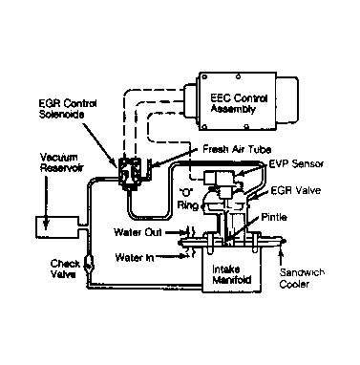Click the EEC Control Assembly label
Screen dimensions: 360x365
[239, 103]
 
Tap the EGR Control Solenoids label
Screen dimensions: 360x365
[68, 109]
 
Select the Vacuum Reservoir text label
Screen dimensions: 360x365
[59, 162]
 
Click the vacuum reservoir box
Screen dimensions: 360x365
[56, 227]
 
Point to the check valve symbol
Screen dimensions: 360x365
[88, 263]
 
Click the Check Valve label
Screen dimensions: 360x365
[65, 268]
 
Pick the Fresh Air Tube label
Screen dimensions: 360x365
[237, 149]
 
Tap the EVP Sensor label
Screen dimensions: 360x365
[296, 163]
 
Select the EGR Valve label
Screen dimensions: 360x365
[295, 190]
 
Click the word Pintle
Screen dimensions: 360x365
[274, 217]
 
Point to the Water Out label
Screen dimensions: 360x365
[138, 232]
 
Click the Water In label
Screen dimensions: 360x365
[134, 257]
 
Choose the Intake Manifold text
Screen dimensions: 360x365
[231, 274]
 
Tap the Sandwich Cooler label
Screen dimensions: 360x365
[302, 278]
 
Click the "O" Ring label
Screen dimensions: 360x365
[188, 198]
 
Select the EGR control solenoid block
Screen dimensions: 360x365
[130, 172]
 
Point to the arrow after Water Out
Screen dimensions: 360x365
[175, 232]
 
